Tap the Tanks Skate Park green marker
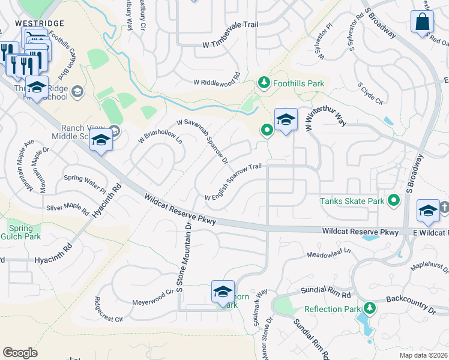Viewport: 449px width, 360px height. point(394,200)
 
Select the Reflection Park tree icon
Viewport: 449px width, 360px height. point(369,308)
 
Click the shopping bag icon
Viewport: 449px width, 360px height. point(422,22)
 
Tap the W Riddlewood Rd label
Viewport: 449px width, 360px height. point(216,82)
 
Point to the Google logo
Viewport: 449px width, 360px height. point(20,353)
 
